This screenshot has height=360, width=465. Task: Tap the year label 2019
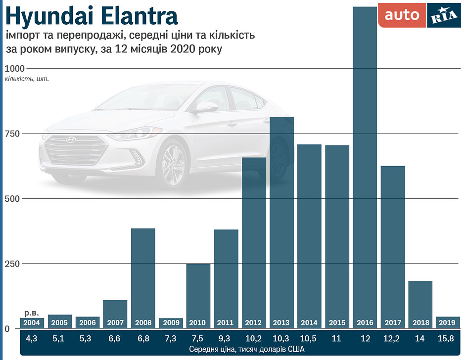point(448,323)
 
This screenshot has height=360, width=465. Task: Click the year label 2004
point(32,323)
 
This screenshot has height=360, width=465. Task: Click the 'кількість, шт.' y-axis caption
point(27,79)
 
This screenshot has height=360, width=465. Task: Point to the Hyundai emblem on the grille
point(72,140)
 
